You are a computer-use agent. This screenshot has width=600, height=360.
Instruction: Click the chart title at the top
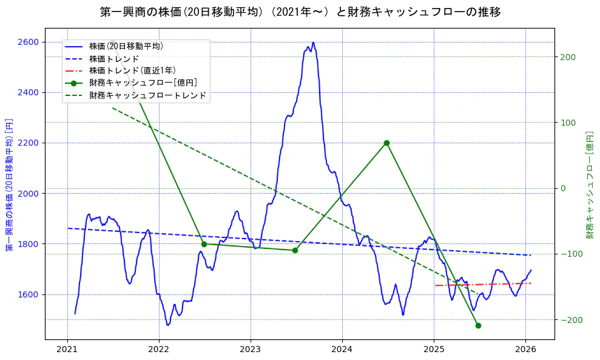tap(300, 12)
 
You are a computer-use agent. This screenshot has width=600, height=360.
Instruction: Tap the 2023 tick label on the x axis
tap(251, 349)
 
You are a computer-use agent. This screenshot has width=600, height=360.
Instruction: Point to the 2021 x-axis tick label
tap(67, 349)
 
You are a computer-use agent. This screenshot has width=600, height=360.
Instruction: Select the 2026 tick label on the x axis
tap(525, 349)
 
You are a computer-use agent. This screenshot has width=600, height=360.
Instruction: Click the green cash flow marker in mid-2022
tap(204, 244)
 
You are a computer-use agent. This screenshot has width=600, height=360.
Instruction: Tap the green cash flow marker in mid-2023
tap(295, 250)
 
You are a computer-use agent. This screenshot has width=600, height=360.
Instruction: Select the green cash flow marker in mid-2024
tap(386, 143)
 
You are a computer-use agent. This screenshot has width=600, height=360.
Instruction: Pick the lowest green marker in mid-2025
tap(478, 325)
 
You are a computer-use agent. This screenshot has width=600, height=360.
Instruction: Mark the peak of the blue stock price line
tap(313, 42)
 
